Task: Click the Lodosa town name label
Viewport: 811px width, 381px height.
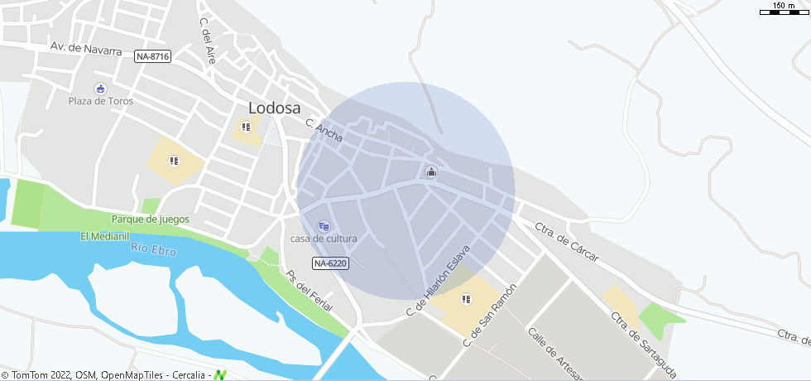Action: [x=275, y=108]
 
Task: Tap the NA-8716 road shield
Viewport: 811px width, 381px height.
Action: [x=152, y=56]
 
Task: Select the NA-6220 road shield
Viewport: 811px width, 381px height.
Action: [x=330, y=263]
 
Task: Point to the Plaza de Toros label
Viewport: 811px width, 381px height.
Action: [x=100, y=101]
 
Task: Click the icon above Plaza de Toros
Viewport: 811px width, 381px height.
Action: [x=100, y=89]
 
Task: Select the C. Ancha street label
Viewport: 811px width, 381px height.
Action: [x=324, y=130]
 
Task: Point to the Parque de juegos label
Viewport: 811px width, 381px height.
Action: [x=151, y=219]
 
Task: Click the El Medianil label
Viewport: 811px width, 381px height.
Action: [x=105, y=237]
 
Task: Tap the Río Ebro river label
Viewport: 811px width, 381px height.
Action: [x=153, y=248]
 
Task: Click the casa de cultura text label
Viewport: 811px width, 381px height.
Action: [x=324, y=239]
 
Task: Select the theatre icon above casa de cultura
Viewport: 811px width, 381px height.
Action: [x=324, y=224]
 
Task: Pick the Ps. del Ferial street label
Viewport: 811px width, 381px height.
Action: [x=309, y=291]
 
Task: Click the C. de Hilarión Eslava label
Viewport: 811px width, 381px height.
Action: [x=438, y=282]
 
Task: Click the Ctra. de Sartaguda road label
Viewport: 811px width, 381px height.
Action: [x=636, y=340]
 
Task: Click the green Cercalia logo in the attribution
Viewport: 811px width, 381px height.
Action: [x=219, y=375]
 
